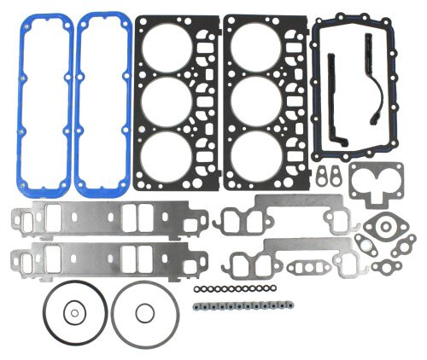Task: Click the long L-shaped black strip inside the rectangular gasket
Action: [332, 102]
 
